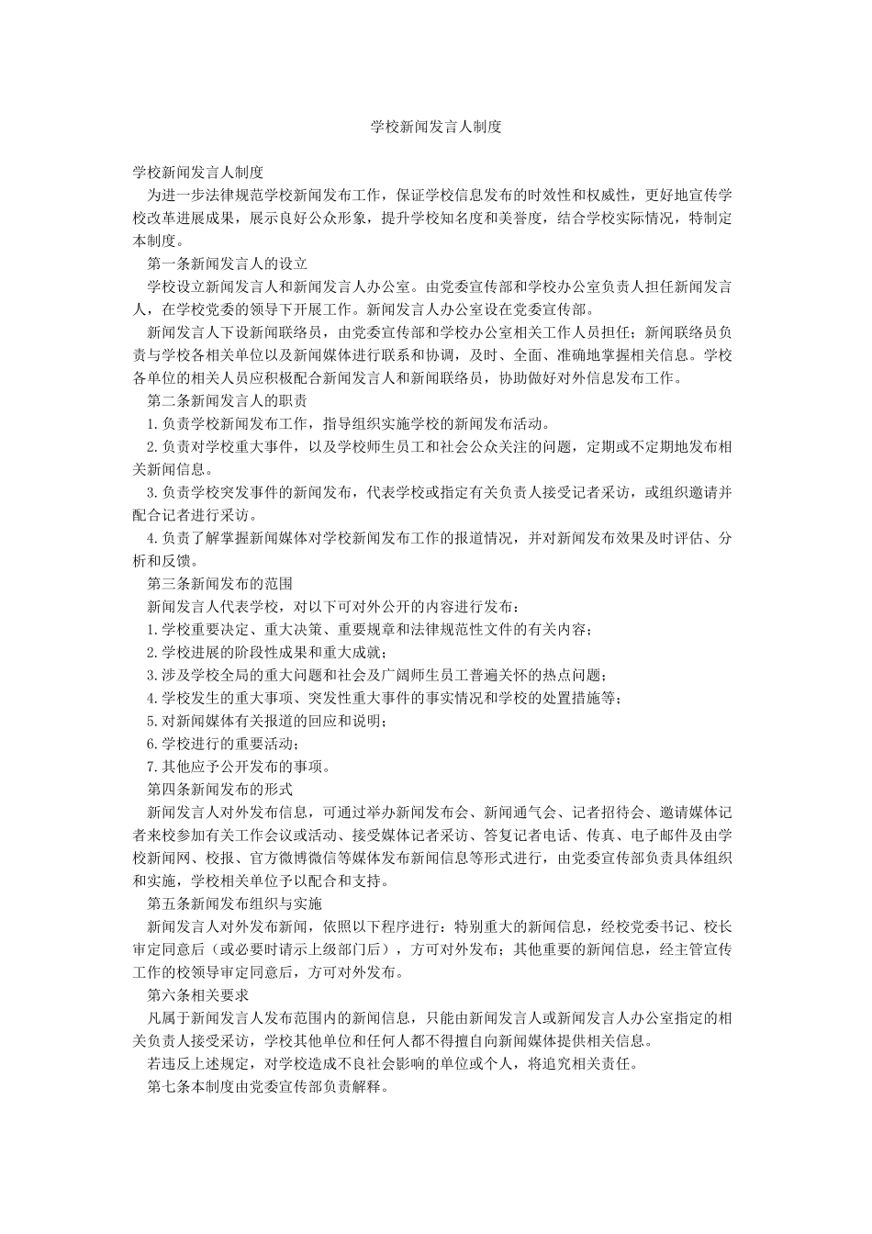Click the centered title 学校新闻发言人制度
click(x=436, y=127)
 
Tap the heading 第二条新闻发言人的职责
click(x=228, y=401)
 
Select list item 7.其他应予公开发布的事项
click(x=239, y=766)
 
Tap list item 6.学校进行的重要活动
click(x=224, y=743)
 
